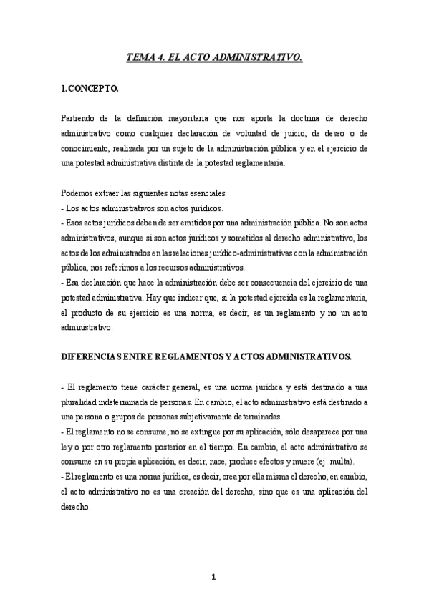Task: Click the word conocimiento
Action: click(x=87, y=148)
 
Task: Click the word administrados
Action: click(x=115, y=253)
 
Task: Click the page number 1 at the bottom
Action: click(x=214, y=577)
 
